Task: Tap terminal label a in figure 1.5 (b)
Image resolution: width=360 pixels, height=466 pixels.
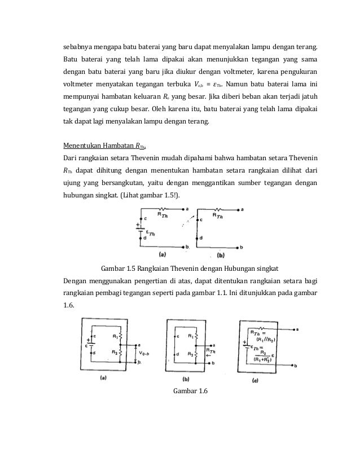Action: click(x=242, y=209)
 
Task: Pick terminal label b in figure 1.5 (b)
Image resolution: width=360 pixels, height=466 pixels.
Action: click(x=242, y=247)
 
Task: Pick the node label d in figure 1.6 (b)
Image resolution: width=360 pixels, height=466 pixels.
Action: click(x=178, y=354)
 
